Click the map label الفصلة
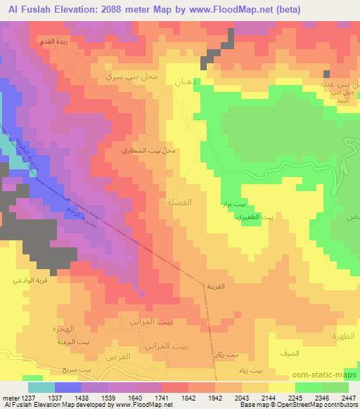[198, 202]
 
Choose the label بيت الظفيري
[259, 218]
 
